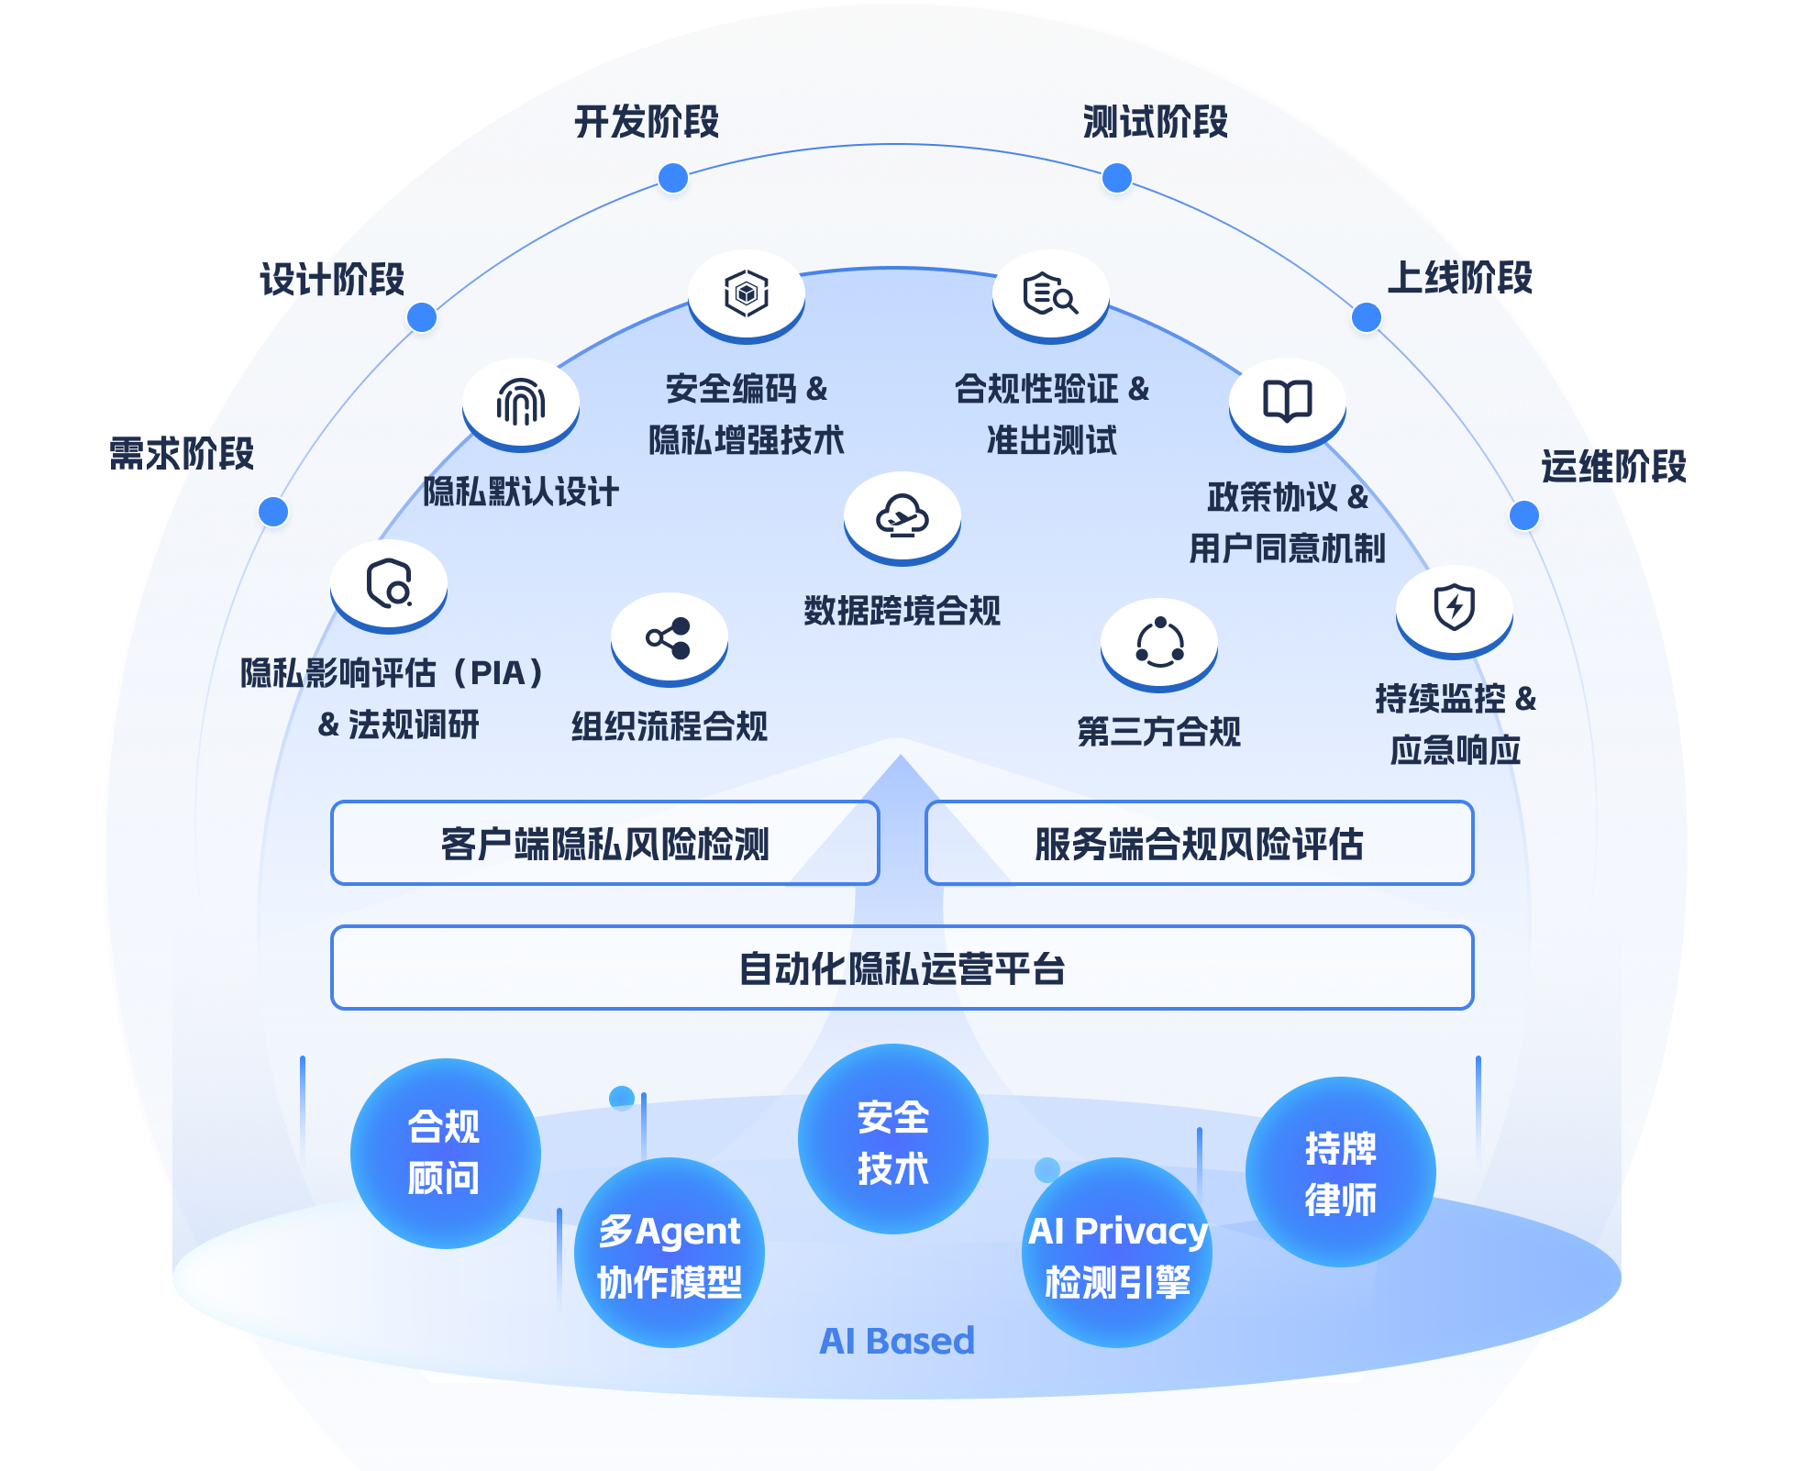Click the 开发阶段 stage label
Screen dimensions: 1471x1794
point(647,122)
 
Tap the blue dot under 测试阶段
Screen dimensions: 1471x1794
point(1116,178)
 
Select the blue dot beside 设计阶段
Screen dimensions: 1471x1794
point(422,318)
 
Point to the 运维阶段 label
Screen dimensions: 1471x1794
point(1613,467)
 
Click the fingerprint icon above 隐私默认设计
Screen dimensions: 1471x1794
point(521,403)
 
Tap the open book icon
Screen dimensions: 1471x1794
point(1287,402)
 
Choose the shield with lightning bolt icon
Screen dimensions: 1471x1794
point(1454,608)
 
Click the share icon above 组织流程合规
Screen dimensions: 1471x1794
point(669,638)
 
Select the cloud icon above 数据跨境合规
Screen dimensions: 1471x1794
point(902,516)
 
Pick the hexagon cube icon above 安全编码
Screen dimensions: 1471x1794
point(747,294)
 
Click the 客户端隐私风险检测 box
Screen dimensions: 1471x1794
point(605,844)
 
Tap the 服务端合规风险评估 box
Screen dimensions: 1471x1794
point(1199,844)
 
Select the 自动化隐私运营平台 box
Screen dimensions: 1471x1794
point(902,968)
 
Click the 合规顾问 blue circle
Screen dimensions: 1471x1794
point(445,1153)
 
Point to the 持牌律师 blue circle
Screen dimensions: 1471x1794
point(1340,1173)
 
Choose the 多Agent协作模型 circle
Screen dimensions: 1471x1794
point(670,1254)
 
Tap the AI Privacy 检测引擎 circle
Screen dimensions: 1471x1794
point(1117,1254)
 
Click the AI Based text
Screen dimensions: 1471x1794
point(897,1341)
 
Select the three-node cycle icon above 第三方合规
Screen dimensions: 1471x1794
point(1159,643)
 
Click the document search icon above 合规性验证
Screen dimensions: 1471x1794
point(1050,294)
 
